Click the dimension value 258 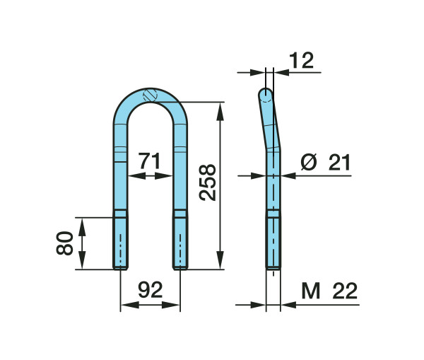click(x=207, y=182)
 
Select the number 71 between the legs click(x=149, y=161)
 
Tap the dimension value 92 click(x=151, y=290)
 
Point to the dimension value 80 click(x=64, y=243)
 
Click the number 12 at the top click(x=301, y=61)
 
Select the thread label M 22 click(x=329, y=291)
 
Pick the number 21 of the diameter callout click(x=339, y=163)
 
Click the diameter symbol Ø click(x=309, y=162)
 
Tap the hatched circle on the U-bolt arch click(x=150, y=95)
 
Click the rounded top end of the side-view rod click(x=266, y=94)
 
